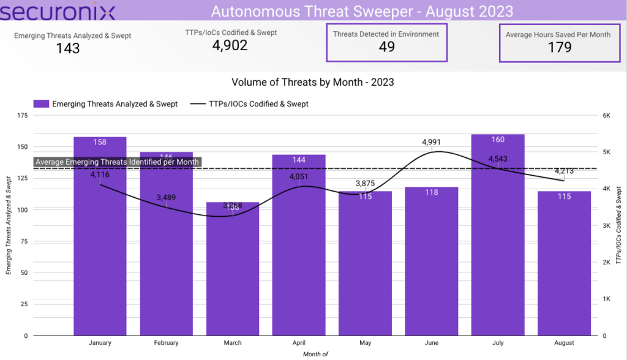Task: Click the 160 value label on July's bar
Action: (498, 140)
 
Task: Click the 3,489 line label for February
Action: (167, 197)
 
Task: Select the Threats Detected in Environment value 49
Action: (386, 47)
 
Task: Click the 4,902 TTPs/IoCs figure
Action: (230, 45)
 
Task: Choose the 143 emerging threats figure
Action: (68, 48)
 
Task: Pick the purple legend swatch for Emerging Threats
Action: (40, 104)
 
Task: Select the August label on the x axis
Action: (564, 343)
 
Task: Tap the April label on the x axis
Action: (299, 343)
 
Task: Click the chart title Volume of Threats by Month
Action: (312, 81)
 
